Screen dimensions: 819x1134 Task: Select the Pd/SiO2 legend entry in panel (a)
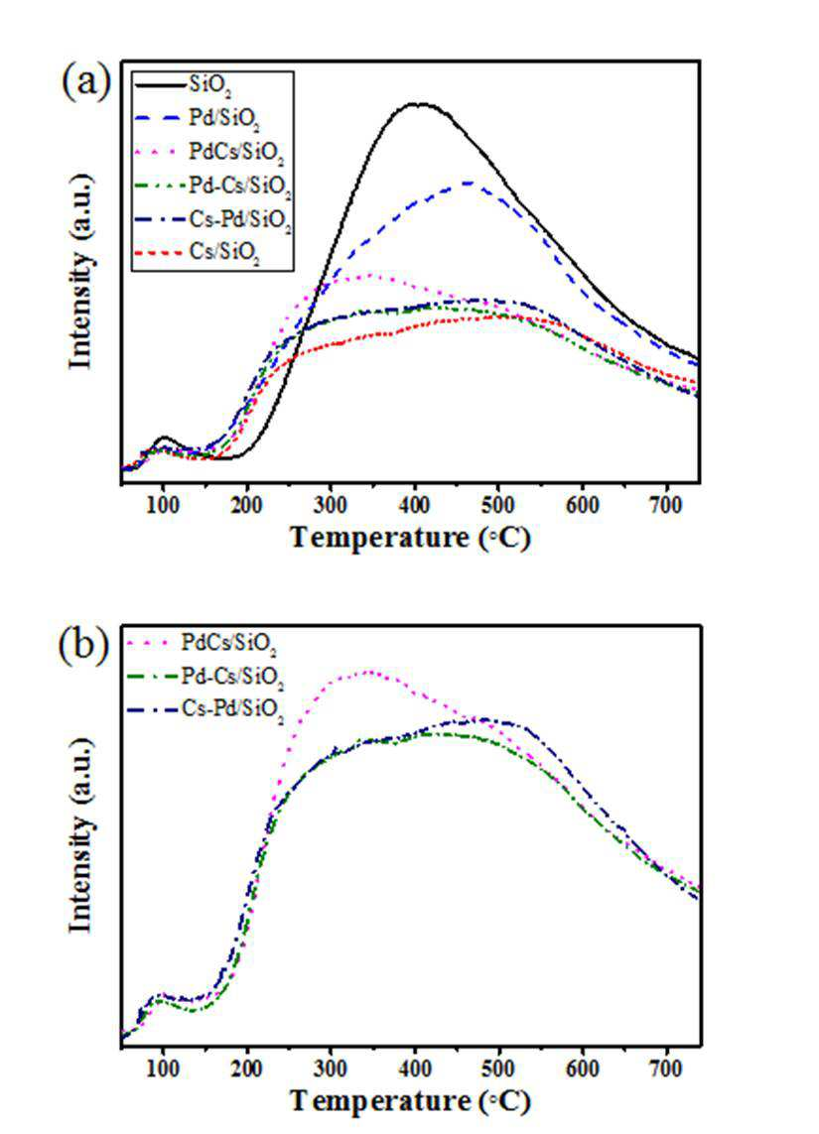coord(197,119)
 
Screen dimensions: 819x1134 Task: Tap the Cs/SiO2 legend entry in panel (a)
coord(197,254)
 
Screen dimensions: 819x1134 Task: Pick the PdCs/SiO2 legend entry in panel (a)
coord(208,153)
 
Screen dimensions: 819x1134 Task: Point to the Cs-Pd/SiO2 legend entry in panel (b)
coord(205,710)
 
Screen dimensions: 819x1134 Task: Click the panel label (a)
coord(86,81)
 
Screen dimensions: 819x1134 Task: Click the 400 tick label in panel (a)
coord(415,504)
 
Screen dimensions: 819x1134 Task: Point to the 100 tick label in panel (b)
coord(163,1068)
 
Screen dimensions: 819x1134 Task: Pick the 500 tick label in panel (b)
coord(498,1068)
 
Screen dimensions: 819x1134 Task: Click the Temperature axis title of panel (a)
coord(410,539)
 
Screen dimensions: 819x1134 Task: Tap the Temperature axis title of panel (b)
coord(410,1101)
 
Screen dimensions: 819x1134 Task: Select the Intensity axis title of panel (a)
coord(81,271)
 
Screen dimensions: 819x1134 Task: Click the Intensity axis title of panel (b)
coord(81,835)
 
